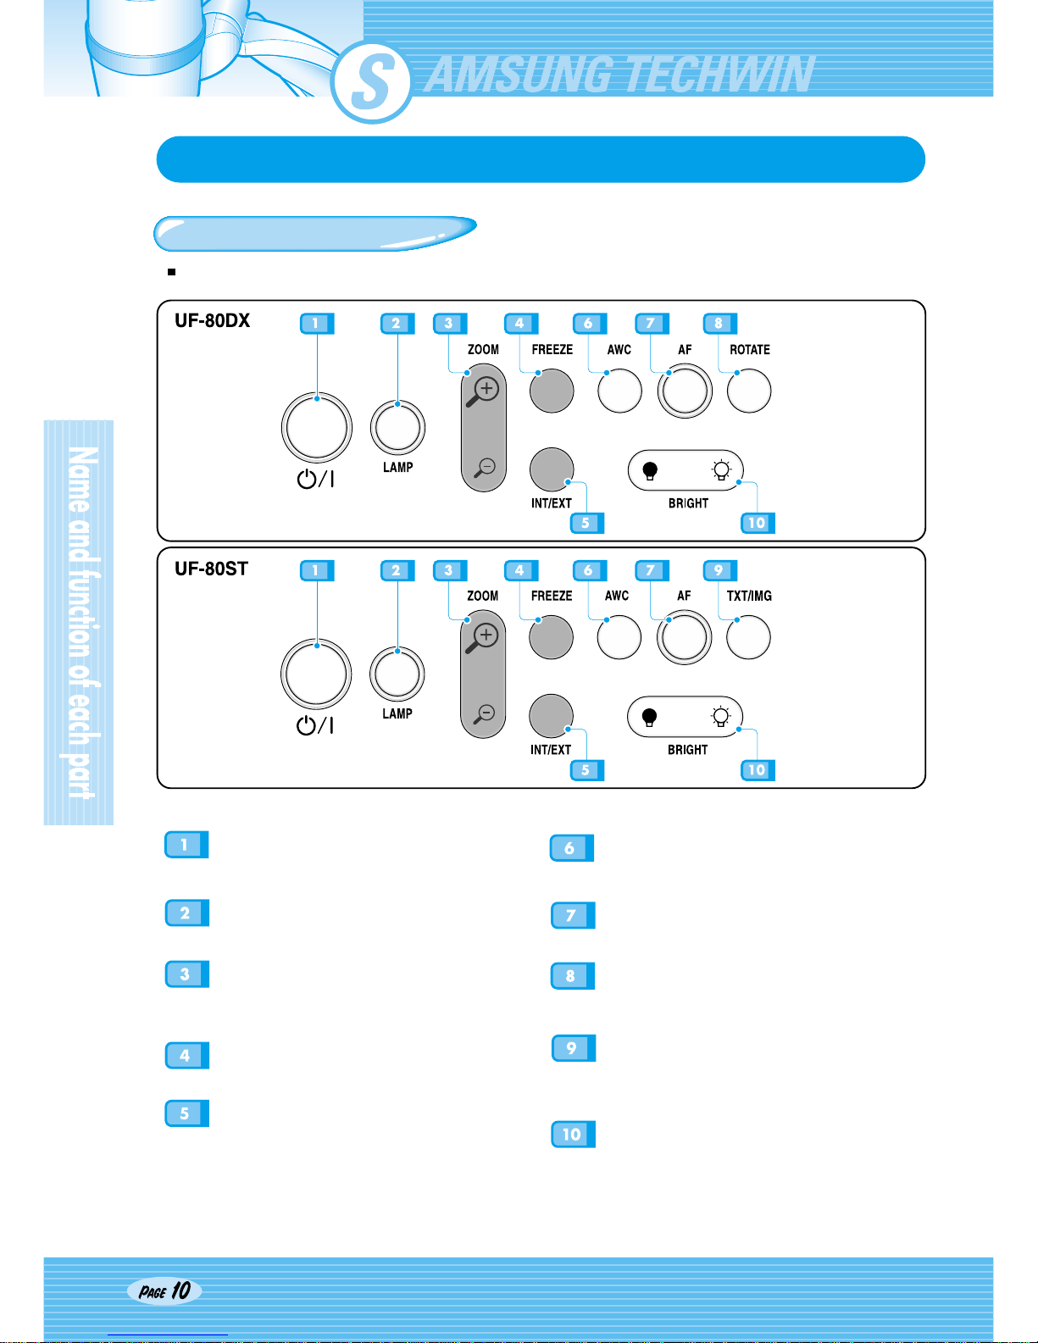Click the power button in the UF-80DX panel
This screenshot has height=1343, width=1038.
click(x=316, y=428)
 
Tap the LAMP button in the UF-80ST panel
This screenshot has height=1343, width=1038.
click(x=397, y=674)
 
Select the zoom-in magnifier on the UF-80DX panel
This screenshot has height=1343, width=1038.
click(x=485, y=391)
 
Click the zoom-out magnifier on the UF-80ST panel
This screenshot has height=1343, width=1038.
click(x=485, y=713)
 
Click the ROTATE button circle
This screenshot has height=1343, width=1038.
click(x=749, y=391)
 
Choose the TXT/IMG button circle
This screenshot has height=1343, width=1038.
click(x=748, y=638)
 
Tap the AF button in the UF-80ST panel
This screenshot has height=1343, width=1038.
click(x=684, y=638)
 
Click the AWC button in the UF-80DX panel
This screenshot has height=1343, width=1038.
click(x=619, y=391)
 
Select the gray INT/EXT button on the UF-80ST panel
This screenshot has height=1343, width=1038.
click(x=551, y=716)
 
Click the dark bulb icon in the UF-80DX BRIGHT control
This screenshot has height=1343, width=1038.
click(x=650, y=470)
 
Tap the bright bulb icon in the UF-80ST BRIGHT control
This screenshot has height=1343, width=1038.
click(x=720, y=718)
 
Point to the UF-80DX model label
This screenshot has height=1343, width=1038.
click(x=212, y=320)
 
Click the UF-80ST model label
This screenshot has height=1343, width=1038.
click(x=211, y=569)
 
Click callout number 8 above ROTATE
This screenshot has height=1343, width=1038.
click(x=719, y=323)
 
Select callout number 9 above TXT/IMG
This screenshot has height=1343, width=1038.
click(x=719, y=570)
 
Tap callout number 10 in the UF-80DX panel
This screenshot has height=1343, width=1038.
click(x=757, y=523)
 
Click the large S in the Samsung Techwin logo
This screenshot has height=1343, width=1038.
click(x=372, y=82)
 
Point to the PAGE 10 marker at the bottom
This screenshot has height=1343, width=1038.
click(x=164, y=1290)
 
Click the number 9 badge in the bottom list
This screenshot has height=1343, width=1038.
click(x=573, y=1048)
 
